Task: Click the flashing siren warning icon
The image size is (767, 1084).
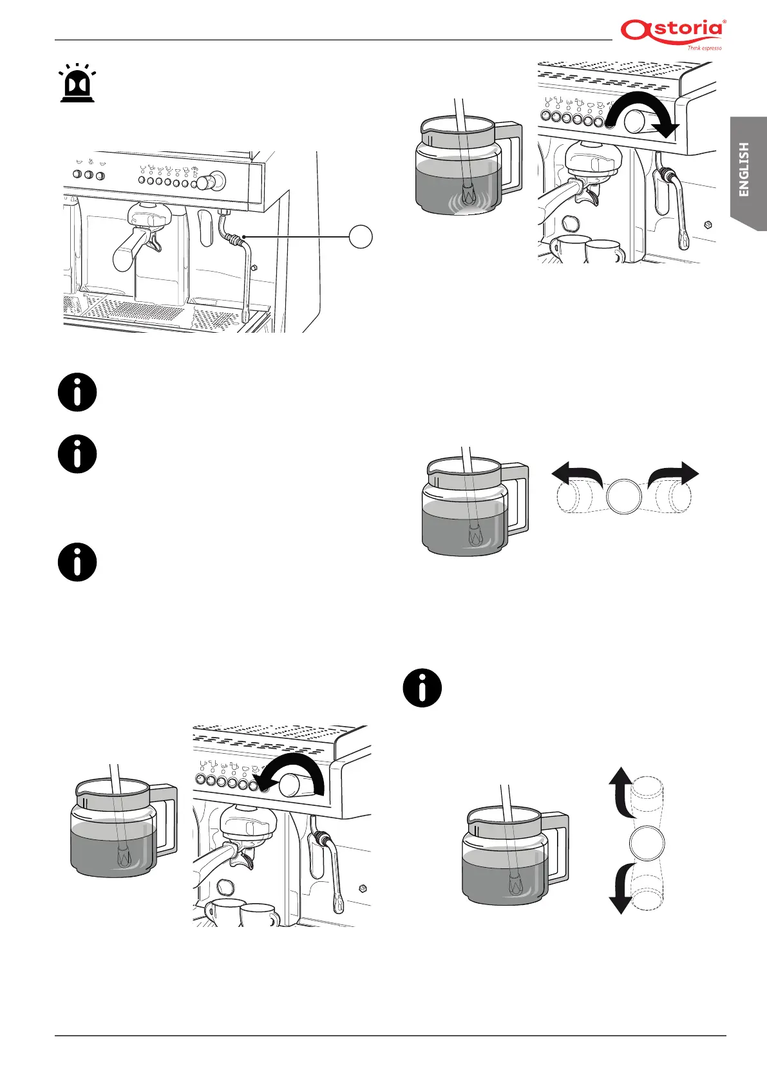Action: click(77, 84)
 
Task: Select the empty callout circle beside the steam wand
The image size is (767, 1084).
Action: click(361, 237)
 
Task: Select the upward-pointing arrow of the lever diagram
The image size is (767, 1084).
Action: click(620, 789)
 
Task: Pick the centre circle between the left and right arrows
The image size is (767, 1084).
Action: click(625, 496)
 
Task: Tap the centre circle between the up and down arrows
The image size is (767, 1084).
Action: click(647, 843)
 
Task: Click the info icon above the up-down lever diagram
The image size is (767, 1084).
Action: click(422, 688)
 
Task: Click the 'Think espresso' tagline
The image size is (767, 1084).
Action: click(704, 48)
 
